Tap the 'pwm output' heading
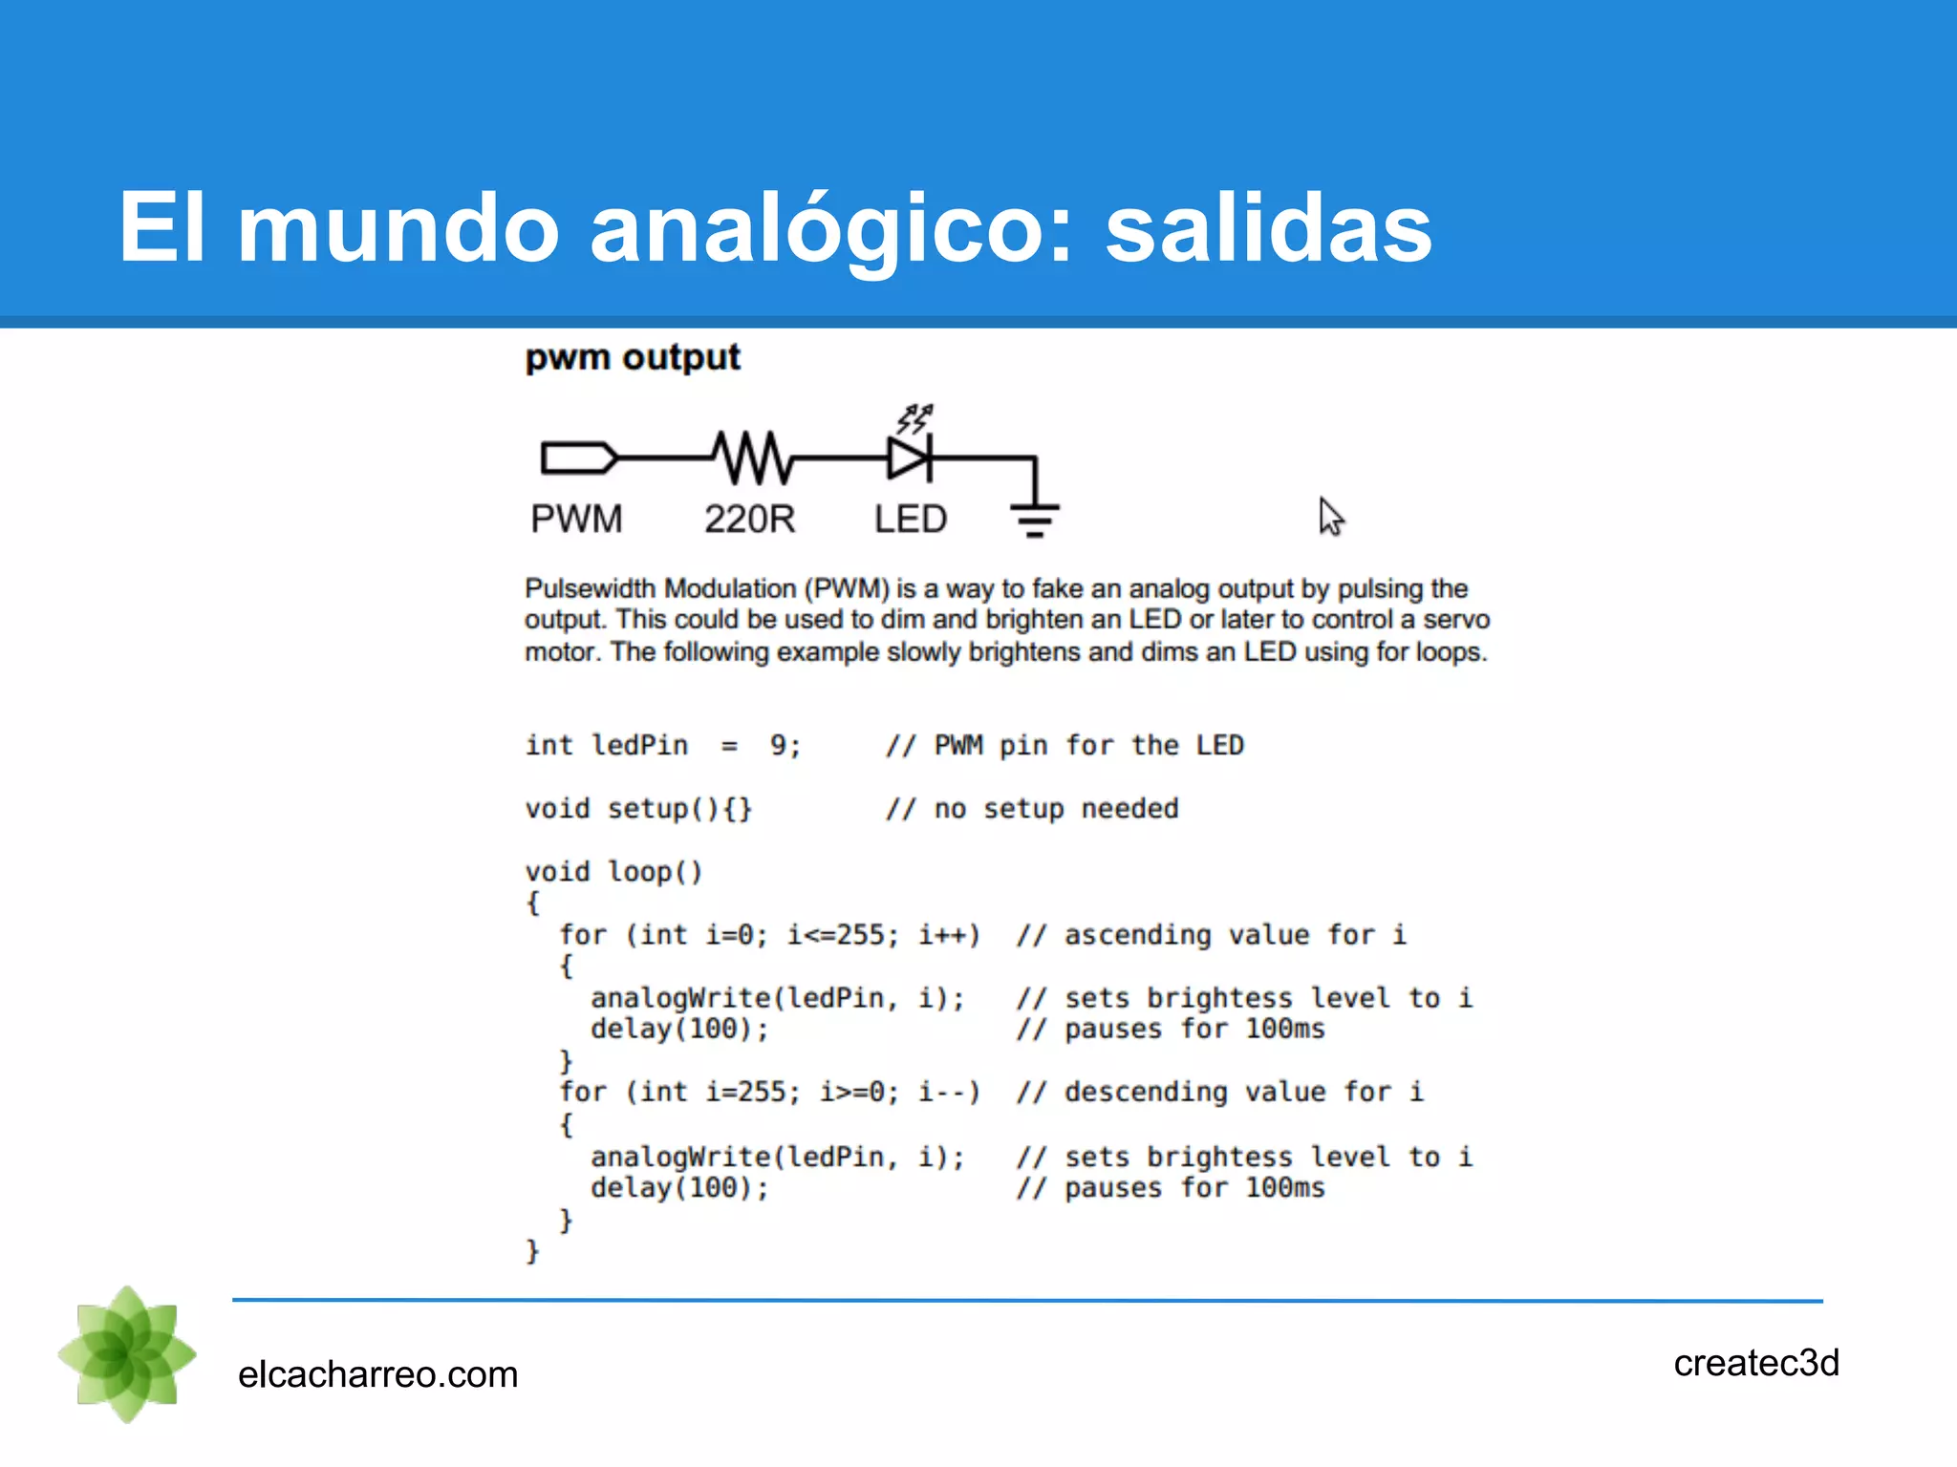633,357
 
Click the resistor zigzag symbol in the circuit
754,457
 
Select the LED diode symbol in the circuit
910,457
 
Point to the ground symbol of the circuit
1035,519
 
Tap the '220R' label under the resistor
750,520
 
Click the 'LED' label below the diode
911,520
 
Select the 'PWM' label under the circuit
576,520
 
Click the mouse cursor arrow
1330,516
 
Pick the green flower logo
127,1353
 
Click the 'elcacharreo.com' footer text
377,1374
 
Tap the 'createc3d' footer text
1755,1363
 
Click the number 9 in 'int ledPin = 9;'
779,745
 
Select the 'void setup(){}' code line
638,809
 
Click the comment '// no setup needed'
1032,809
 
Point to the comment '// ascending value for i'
1211,935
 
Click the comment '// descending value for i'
1219,1092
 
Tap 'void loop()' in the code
613,872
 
